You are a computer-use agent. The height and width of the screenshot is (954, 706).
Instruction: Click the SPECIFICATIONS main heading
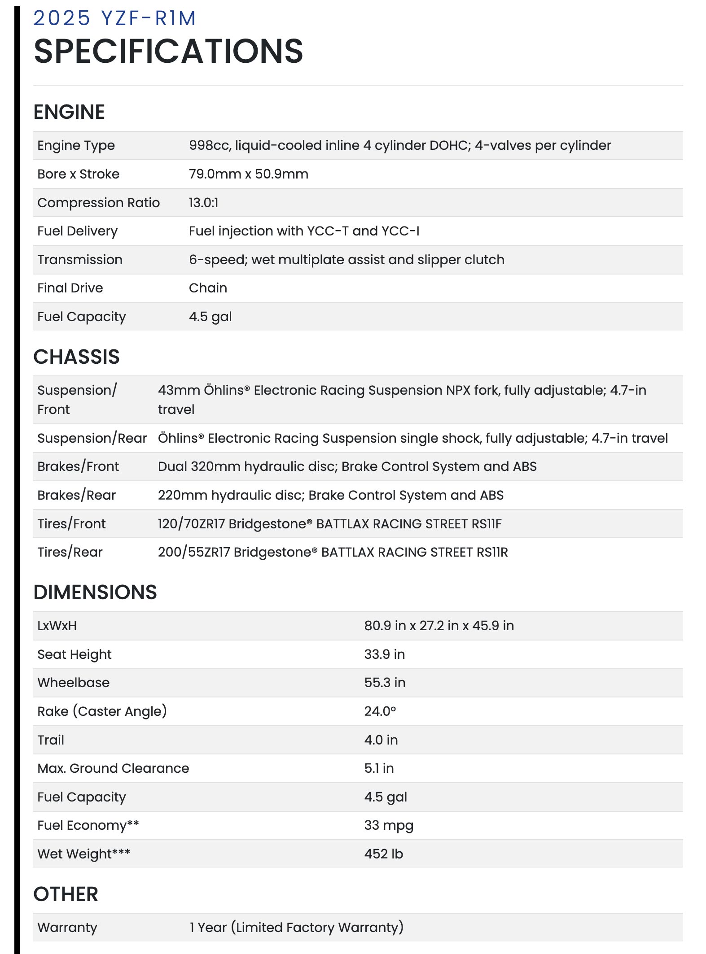(168, 51)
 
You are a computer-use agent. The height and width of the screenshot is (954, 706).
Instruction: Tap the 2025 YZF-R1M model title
(114, 18)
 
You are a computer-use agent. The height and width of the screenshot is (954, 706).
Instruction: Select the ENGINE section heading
(69, 112)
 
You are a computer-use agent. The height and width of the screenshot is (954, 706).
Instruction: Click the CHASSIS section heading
(76, 357)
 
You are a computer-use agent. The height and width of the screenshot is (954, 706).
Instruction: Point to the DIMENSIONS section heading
(95, 592)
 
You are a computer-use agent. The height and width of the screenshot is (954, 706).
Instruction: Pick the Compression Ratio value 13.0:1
(203, 203)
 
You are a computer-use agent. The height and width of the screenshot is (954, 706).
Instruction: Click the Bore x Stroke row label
(79, 174)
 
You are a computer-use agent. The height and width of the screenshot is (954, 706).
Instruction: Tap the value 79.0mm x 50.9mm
(248, 174)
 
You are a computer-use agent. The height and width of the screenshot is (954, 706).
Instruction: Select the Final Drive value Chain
(208, 288)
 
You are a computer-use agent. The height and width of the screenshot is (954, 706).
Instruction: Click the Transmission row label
(80, 260)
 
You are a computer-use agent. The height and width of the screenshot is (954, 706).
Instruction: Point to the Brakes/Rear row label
(77, 495)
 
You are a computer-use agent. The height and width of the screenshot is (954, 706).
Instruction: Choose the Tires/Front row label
(72, 524)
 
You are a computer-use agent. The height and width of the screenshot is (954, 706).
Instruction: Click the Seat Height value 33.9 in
(384, 654)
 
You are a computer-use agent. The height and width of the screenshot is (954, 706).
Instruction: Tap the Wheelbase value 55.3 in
(385, 683)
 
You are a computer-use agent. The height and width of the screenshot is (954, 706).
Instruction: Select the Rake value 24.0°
(380, 711)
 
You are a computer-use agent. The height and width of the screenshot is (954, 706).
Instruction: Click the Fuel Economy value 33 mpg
(389, 825)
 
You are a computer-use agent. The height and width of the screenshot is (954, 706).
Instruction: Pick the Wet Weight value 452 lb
(384, 854)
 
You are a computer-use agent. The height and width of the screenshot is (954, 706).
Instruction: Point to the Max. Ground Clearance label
(113, 768)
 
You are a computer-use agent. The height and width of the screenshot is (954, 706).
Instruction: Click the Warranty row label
(67, 928)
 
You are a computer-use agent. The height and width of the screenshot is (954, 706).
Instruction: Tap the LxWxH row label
(57, 626)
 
